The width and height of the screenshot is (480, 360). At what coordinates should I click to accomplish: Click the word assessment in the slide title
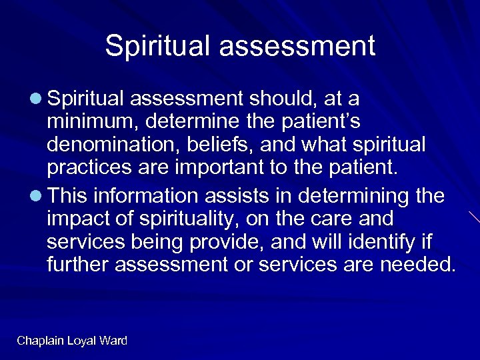pos(299,46)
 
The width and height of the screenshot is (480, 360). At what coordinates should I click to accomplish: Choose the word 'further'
pos(79,265)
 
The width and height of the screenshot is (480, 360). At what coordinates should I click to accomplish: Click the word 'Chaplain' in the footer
pos(41,341)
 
